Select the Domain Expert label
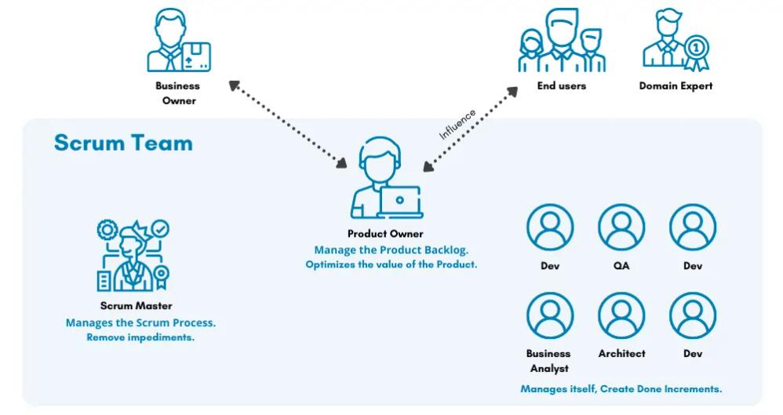pos(676,86)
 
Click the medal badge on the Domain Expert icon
pos(695,47)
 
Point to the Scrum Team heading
pos(123,143)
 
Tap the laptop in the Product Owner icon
pos(400,202)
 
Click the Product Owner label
pos(385,234)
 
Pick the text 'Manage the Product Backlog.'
pos(391,250)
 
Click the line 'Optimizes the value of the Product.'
pos(391,265)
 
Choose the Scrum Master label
pos(136,306)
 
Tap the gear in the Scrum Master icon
pos(107,230)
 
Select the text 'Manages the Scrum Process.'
pos(140,322)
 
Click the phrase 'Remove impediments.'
pos(140,337)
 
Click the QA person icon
pos(621,228)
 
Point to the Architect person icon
pos(621,315)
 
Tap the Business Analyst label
pos(548,361)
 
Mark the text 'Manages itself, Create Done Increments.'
pos(621,389)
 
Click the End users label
pos(561,86)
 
